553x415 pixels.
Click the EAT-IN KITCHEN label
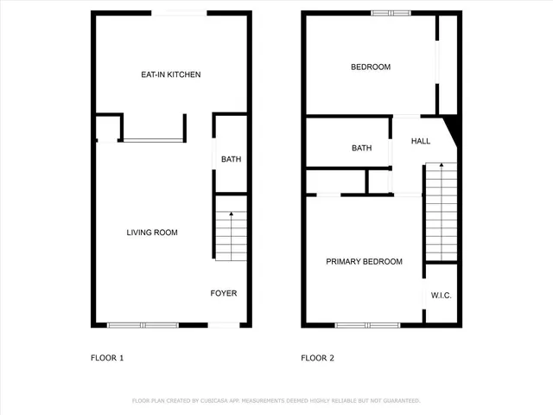pos(171,74)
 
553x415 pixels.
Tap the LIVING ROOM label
pos(152,232)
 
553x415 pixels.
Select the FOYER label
pos(224,293)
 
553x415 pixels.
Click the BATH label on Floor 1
pos(231,159)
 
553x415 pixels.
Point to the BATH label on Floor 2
pos(361,148)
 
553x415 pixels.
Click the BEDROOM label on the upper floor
pos(370,67)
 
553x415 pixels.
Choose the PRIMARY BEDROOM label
pos(364,261)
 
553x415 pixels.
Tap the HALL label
pos(421,141)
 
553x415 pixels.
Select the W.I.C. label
pos(442,296)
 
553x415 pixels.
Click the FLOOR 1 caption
pos(108,357)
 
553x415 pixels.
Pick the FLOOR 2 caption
pos(318,357)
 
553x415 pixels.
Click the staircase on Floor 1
pos(231,236)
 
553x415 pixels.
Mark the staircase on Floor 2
pos(441,212)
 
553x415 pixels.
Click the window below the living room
pos(143,325)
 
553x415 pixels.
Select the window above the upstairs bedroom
pos(391,12)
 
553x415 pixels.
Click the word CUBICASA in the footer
pos(219,400)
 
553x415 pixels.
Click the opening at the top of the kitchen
pos(179,12)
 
